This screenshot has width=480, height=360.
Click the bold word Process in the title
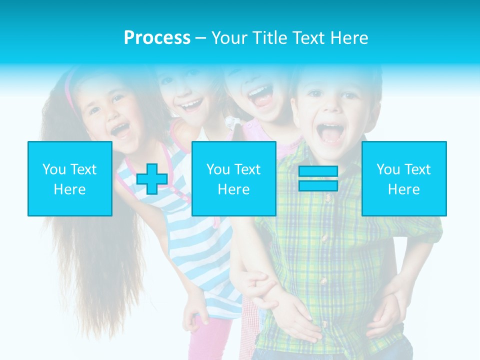[157, 38]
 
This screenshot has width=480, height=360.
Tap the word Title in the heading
[269, 38]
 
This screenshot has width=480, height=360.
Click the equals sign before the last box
[318, 178]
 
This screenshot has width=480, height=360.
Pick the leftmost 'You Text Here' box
[70, 178]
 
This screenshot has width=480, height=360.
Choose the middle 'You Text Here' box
[233, 178]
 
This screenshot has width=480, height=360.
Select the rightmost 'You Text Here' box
[404, 178]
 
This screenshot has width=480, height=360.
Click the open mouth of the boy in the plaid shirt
[330, 134]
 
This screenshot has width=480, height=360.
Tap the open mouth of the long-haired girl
[120, 131]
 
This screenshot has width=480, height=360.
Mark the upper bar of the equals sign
[318, 171]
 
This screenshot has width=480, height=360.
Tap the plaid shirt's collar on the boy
[300, 155]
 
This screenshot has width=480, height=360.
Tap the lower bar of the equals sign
[318, 186]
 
